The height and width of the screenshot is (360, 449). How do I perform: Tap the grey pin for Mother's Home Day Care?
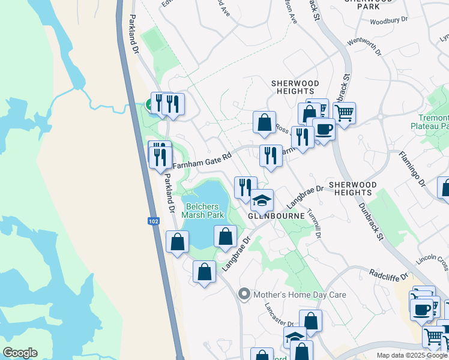[x=244, y=295]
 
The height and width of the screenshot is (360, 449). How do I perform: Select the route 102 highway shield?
[x=153, y=221]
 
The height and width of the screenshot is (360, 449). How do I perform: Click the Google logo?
[x=20, y=353]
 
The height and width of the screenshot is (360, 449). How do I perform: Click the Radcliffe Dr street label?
[x=388, y=275]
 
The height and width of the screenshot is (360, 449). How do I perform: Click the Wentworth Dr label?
[x=364, y=47]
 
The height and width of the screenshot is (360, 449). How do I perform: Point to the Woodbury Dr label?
[x=388, y=21]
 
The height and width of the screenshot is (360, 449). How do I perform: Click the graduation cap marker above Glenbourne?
[x=262, y=199]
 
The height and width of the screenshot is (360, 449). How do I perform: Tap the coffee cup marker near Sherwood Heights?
[x=324, y=128]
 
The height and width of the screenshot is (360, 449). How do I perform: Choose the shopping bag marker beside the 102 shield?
[x=177, y=241]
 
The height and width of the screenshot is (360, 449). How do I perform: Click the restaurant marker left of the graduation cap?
[x=245, y=187]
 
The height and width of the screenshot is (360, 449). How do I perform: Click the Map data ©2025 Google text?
[x=412, y=355]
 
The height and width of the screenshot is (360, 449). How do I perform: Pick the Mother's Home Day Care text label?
[x=300, y=295]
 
